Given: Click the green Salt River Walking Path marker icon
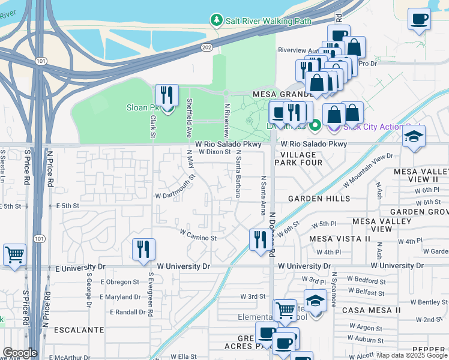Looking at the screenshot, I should pyautogui.click(x=217, y=20).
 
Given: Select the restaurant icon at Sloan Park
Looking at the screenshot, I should pyautogui.click(x=167, y=96).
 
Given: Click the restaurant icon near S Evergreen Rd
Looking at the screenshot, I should pyautogui.click(x=143, y=249).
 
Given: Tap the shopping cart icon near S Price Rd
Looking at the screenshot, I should pyautogui.click(x=14, y=254).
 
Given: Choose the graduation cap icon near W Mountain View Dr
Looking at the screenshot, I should pyautogui.click(x=414, y=137).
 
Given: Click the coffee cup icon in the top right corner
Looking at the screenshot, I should pyautogui.click(x=419, y=18).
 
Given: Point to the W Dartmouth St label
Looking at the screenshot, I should pyautogui.click(x=175, y=187).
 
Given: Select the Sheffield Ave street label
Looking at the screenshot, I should pyautogui.click(x=189, y=117).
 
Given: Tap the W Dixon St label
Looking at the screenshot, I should pyautogui.click(x=214, y=152).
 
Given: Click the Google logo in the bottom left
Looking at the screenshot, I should pyautogui.click(x=20, y=353).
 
